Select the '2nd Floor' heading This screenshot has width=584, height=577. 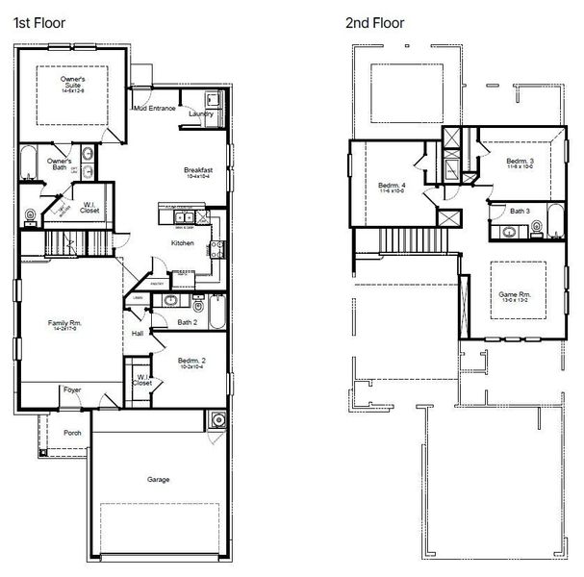pos(375,23)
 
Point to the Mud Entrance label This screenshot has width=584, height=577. pos(155,109)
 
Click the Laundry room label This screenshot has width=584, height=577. pos(201,113)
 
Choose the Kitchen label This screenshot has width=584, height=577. pos(183,243)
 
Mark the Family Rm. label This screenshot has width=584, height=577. pos(64,325)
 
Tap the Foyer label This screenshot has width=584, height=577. pos(72,389)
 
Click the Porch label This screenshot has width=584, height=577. pos(72,433)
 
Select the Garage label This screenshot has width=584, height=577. pos(159,478)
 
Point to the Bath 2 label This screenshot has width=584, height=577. pos(187,322)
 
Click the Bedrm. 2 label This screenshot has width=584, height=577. pos(191,362)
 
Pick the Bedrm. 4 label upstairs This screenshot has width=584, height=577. pos(392,185)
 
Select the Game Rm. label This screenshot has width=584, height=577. pos(514,295)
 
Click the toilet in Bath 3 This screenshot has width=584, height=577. pos(539,229)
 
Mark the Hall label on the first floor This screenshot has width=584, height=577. pos(138,334)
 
